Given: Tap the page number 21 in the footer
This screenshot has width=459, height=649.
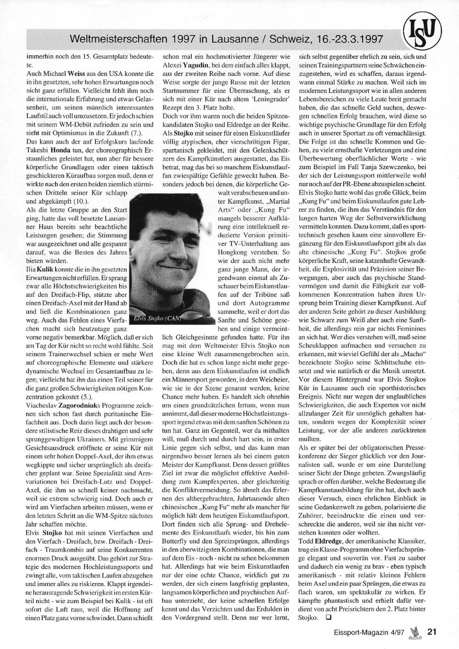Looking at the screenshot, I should pyautogui.click(x=431, y=631).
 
